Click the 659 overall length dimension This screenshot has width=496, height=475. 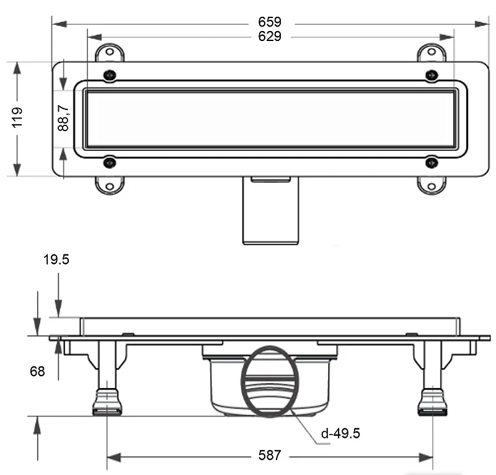pos(270,22)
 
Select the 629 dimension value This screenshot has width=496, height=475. pos(270,37)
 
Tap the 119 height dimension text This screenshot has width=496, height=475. pos(17,117)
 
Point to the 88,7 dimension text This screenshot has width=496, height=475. pos(63,118)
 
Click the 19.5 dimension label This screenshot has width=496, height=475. pos(56,260)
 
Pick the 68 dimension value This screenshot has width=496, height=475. pos(37,371)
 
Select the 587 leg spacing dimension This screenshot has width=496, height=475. pos(270,455)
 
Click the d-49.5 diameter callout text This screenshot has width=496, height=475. pos(340,433)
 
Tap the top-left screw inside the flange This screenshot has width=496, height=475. pos(110,75)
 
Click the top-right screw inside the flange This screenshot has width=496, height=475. pos(432,75)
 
